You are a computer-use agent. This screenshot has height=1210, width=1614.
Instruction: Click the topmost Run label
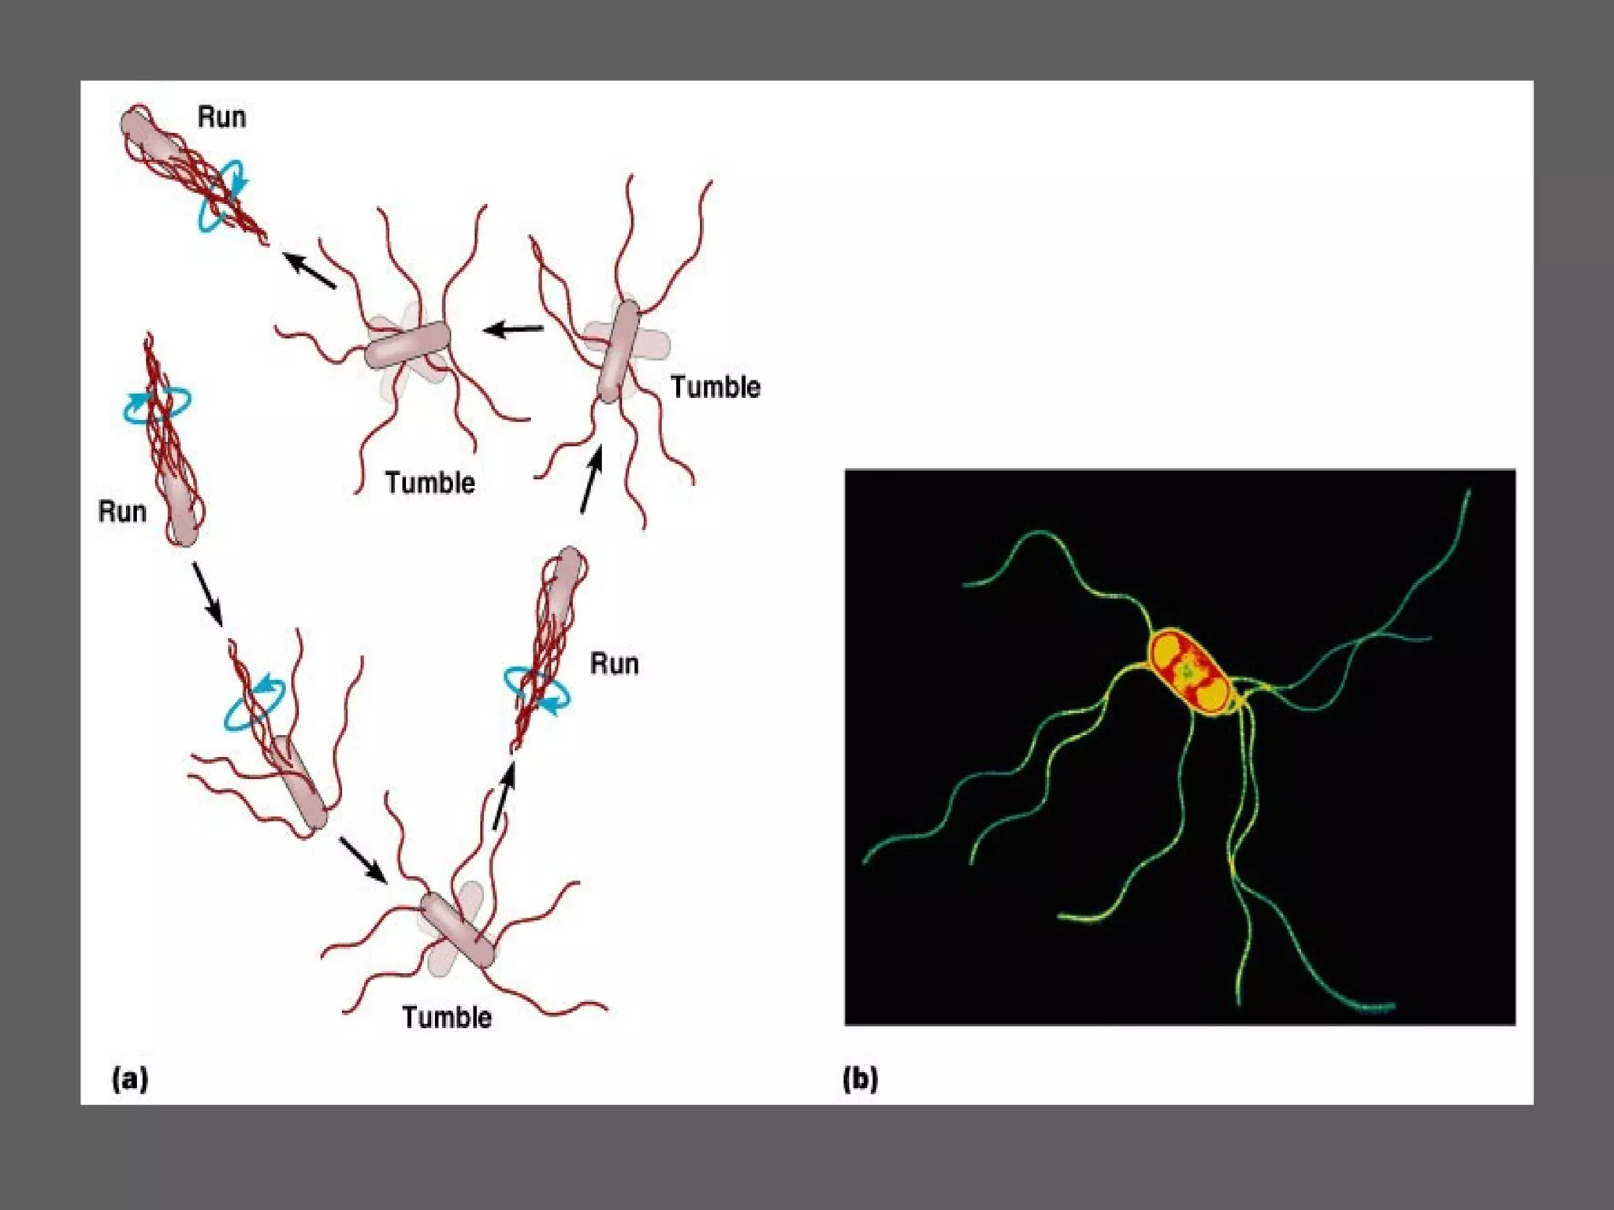tap(221, 117)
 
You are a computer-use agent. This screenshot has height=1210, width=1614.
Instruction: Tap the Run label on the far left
tap(122, 512)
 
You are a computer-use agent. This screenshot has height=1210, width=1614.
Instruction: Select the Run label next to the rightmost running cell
tap(614, 664)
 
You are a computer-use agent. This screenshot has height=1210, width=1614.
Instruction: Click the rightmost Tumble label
tap(715, 388)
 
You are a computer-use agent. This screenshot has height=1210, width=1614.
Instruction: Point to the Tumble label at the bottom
tap(446, 1018)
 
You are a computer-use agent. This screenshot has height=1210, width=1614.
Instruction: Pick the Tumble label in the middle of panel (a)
tap(430, 483)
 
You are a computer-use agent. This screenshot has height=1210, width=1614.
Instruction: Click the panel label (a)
tap(130, 1078)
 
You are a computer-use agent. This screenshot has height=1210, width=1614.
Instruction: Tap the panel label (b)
tap(860, 1078)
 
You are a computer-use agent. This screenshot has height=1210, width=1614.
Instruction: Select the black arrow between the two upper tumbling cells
tap(513, 328)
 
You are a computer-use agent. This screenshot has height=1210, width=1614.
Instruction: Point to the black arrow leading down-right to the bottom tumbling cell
tap(363, 859)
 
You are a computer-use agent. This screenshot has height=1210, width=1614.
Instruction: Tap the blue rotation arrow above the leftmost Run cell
tap(157, 404)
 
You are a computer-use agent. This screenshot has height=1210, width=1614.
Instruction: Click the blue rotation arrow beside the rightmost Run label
tap(537, 690)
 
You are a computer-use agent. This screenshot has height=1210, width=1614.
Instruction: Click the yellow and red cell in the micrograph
tap(1188, 672)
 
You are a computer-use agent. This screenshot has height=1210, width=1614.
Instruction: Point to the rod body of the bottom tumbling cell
tap(457, 930)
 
